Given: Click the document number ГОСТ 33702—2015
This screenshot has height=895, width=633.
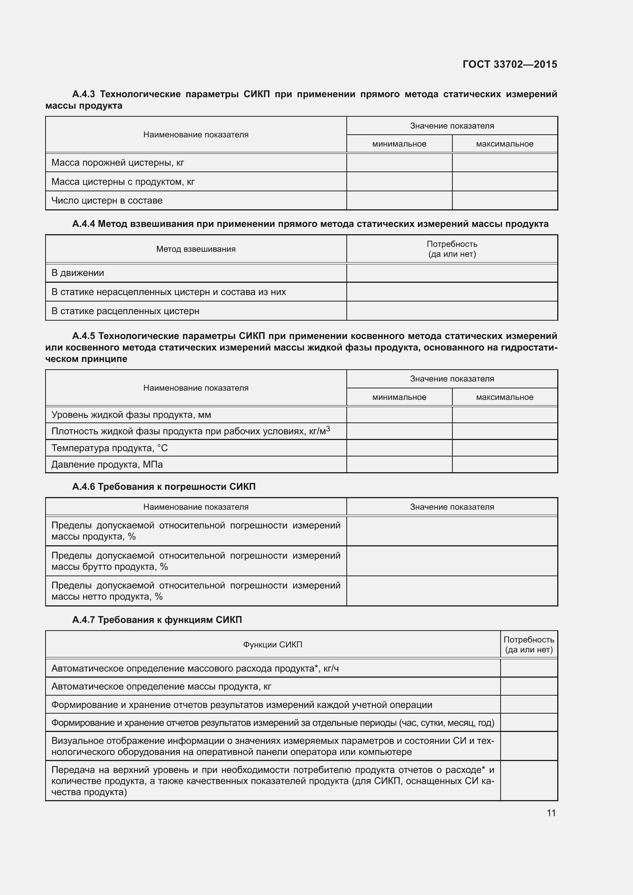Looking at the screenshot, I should [x=509, y=64].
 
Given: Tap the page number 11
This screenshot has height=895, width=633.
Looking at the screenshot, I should [x=551, y=813].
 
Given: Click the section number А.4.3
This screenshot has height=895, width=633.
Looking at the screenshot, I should [x=83, y=94].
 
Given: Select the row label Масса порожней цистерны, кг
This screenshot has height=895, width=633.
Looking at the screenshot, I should [x=117, y=163].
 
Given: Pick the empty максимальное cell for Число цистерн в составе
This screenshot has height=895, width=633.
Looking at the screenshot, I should [x=504, y=201].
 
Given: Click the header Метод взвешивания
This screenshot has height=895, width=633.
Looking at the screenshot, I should [x=196, y=249].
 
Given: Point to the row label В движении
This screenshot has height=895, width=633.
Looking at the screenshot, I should [x=78, y=273].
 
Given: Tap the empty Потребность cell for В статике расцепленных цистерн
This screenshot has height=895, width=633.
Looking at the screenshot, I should [x=452, y=311].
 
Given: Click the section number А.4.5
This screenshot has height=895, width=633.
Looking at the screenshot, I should [x=83, y=336].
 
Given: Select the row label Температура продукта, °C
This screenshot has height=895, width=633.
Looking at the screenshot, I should [x=109, y=448].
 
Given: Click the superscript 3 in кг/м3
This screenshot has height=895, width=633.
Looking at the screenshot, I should [x=328, y=429].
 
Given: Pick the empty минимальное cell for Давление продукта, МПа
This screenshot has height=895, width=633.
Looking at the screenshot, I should [x=399, y=464].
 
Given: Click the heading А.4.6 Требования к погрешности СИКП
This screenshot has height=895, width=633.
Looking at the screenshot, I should [x=164, y=486].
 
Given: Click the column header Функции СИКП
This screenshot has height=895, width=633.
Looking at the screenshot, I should [x=272, y=645].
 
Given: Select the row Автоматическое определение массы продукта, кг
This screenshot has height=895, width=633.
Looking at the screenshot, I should [x=161, y=686].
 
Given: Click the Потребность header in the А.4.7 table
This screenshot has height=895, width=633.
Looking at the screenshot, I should [x=529, y=640].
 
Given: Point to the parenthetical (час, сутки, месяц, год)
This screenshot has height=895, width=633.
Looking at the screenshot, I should [x=446, y=723].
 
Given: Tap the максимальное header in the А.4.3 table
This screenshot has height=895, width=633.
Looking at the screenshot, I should [x=504, y=144].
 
